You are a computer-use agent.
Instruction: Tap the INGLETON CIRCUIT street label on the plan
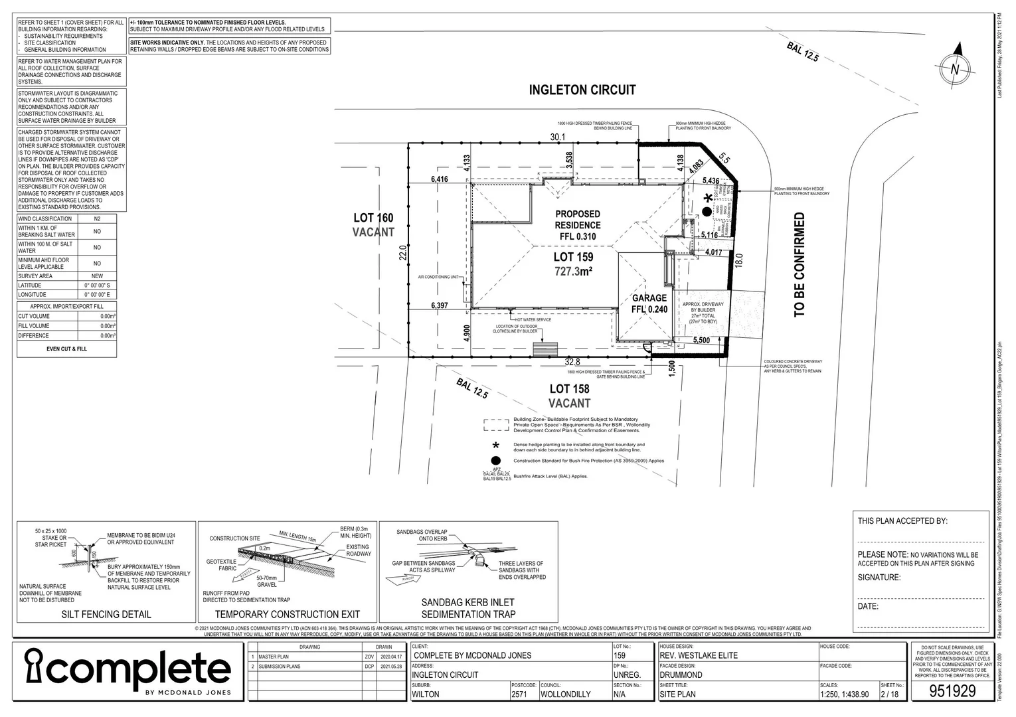582,90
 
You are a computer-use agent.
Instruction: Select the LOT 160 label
373,218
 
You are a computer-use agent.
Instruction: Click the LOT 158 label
570,389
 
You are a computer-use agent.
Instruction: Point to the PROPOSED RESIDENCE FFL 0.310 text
578,225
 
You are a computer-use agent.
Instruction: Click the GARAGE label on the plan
649,298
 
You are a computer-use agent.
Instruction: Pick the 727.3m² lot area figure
574,271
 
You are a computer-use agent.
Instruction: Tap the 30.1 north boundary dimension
557,137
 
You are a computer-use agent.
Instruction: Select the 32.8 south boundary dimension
572,362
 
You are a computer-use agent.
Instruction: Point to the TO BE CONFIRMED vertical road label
800,264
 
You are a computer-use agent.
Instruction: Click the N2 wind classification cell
97,218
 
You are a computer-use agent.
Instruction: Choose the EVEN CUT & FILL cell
66,349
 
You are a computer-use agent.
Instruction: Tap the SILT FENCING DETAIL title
106,614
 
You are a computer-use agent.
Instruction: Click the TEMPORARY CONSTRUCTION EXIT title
287,614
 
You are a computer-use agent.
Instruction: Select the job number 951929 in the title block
952,690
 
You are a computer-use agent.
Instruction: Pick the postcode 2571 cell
521,694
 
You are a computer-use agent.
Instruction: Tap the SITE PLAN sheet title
677,694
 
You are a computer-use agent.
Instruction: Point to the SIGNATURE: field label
879,578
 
